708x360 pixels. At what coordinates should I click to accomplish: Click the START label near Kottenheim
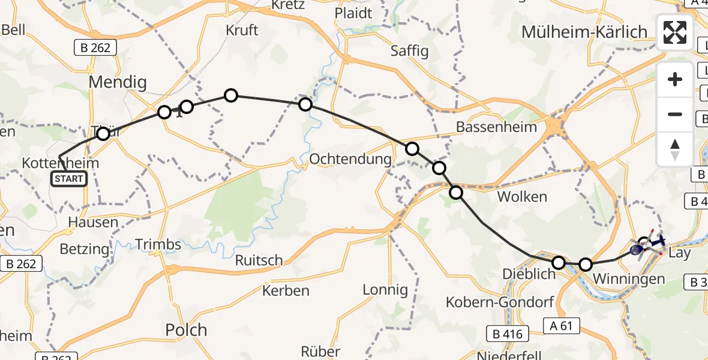(x=69, y=178)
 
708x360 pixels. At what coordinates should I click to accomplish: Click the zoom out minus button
(x=675, y=114)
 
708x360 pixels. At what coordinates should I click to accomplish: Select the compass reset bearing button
(x=675, y=149)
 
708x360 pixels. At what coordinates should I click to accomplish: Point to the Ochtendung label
(x=350, y=160)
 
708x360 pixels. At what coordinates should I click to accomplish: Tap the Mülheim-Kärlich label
(x=584, y=32)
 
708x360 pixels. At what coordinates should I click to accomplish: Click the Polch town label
(x=185, y=329)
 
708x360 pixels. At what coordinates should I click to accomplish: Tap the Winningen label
(x=628, y=279)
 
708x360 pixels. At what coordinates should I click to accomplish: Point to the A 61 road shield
(x=561, y=326)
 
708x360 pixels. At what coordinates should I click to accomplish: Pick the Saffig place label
(x=409, y=51)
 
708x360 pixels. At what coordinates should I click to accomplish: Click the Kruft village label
(x=242, y=30)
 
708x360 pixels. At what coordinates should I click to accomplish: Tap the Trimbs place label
(x=158, y=244)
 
